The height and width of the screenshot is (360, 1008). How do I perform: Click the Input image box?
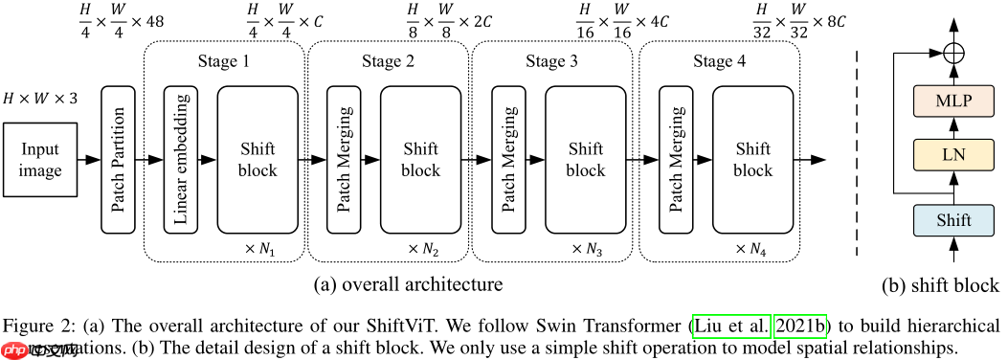[40, 160]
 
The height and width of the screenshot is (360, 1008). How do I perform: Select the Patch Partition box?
[117, 160]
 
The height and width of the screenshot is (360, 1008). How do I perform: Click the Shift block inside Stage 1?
[258, 160]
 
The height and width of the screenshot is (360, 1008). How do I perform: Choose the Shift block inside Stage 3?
[585, 160]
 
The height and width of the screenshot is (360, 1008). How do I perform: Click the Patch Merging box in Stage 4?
[675, 160]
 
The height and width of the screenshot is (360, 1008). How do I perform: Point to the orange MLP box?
[953, 100]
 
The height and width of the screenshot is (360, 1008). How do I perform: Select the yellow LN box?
[953, 153]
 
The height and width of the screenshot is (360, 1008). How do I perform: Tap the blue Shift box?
[953, 220]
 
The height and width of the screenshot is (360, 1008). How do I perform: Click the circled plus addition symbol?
[953, 52]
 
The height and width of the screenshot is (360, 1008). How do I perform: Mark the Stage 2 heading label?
[388, 63]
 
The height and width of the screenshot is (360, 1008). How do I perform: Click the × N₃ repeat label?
[587, 249]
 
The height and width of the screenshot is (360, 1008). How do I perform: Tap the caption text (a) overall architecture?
[407, 285]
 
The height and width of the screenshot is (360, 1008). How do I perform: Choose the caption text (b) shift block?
[940, 285]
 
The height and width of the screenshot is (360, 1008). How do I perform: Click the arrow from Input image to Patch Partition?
[89, 160]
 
